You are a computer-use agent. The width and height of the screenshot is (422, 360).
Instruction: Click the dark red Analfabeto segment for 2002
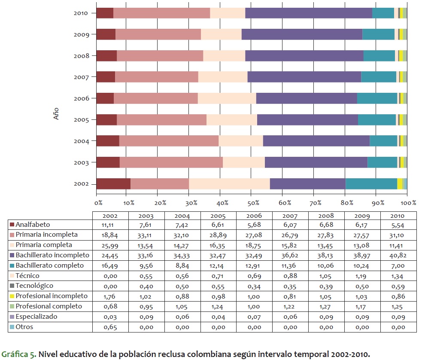click(113, 183)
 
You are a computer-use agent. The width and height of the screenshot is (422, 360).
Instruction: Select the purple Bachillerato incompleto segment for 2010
click(308, 13)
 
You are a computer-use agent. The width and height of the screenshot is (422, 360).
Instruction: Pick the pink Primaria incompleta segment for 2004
click(169, 141)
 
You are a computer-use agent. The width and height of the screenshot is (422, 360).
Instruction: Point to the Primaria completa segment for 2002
click(229, 183)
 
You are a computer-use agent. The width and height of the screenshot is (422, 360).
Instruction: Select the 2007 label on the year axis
click(81, 77)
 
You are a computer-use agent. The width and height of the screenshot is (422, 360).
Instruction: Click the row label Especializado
click(36, 317)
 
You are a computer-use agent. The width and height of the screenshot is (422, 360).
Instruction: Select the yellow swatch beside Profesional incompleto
click(12, 296)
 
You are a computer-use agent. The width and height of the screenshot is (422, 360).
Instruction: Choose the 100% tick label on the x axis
click(408, 202)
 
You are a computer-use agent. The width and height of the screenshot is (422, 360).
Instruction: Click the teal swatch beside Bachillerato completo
click(12, 265)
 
